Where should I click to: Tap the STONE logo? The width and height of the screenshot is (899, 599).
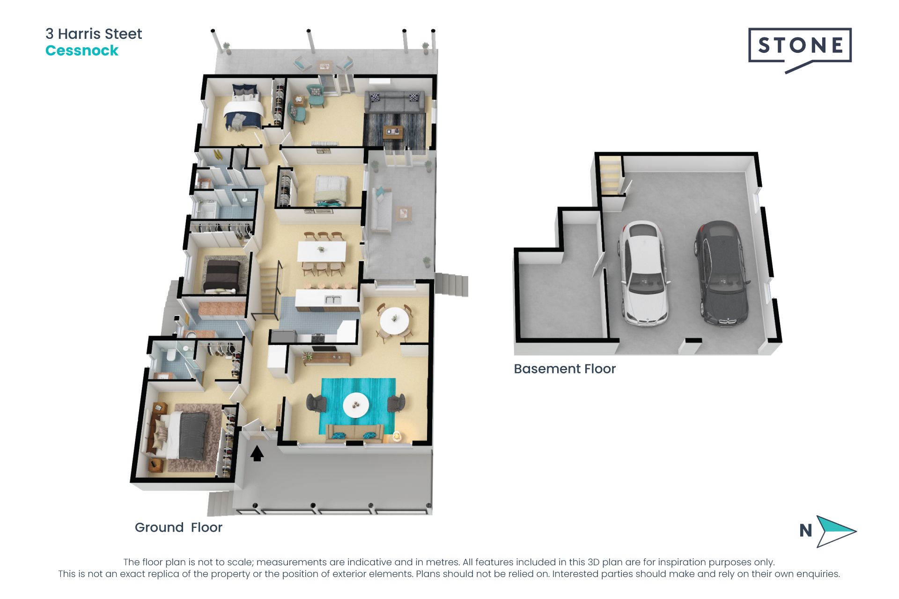800,47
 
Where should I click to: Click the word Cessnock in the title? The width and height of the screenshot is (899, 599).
82,51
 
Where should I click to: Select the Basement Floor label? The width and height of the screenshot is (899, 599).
564,369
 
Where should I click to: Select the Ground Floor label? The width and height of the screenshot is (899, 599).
178,527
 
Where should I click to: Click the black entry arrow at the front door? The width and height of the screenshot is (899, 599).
257,453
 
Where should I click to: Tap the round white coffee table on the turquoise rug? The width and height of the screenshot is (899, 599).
356,405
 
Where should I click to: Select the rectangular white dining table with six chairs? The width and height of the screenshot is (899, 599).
322,252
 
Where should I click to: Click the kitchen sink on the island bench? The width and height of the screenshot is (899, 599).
333,299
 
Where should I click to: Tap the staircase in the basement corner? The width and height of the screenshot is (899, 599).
610,175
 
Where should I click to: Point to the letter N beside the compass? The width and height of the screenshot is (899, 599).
805,531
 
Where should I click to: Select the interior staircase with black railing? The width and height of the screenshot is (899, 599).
270,290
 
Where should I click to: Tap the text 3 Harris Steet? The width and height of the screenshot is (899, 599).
94,34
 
